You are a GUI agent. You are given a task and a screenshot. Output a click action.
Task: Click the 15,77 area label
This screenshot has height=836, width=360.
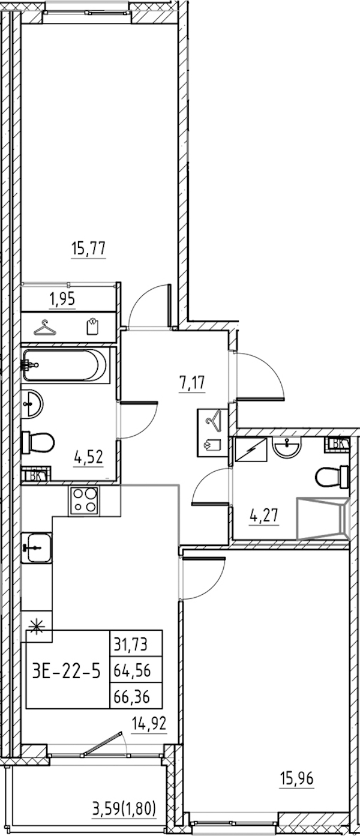coord(89,248)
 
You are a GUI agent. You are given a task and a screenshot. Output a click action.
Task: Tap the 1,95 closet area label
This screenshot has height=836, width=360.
coord(62,299)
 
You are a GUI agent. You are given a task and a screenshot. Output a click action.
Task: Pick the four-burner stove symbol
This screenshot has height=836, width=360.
coord(83,502)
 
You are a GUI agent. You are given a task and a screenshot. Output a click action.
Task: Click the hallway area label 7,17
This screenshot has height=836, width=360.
coord(192,383)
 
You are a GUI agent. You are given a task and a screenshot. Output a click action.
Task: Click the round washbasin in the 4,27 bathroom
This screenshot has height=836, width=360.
coord(287,447)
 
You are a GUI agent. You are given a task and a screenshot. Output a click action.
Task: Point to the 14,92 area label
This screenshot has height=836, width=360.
coord(149,724)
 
